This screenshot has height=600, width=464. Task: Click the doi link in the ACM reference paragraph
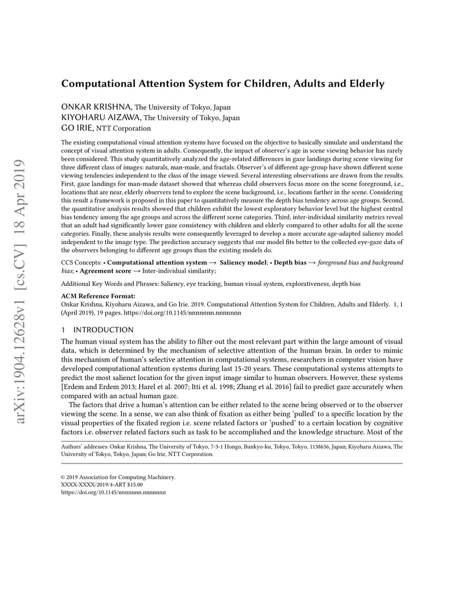[188, 312]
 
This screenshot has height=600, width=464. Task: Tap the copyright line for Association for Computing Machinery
[118, 477]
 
